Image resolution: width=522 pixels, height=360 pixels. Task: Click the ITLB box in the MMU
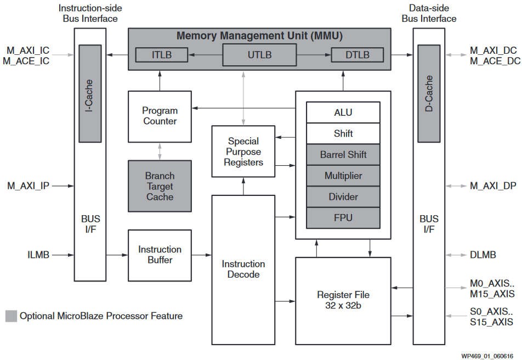tap(161, 55)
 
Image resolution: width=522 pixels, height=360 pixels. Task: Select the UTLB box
tap(259, 55)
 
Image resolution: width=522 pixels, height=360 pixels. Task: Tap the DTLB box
tap(357, 55)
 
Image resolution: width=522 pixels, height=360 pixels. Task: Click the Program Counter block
tap(160, 116)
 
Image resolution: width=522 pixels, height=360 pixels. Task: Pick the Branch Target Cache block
tap(160, 186)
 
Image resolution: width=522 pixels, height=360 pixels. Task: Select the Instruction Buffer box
tap(160, 255)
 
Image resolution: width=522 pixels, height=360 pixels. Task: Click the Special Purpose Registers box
tap(243, 151)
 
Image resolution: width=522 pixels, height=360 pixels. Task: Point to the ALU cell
tap(343, 113)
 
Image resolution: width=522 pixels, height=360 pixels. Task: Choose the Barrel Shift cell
tap(343, 154)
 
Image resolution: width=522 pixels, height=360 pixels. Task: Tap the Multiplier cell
tap(343, 176)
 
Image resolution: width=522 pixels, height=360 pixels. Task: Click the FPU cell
tap(343, 218)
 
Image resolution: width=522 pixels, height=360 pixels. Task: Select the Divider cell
tap(343, 196)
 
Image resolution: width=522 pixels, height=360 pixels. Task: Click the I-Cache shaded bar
tap(90, 94)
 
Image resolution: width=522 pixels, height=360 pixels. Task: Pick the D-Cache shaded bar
tap(429, 94)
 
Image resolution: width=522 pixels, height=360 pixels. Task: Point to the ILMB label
tap(38, 255)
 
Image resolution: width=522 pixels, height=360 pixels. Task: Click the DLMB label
tap(483, 255)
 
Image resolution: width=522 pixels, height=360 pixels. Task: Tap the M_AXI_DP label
tap(493, 185)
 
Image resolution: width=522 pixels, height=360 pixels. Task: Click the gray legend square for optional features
tap(11, 316)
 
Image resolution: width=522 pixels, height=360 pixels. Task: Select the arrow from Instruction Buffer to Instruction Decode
tap(202, 255)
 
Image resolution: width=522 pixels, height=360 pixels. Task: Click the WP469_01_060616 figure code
tap(487, 356)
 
